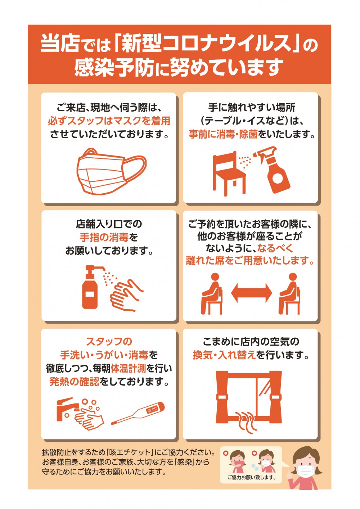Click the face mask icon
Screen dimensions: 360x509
pos(111,172)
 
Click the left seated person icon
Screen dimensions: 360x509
pos(212,294)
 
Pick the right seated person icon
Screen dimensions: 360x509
pos(289,294)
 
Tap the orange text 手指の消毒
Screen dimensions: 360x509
pos(104,238)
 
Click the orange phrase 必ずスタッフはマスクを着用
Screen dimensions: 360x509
pos(109,121)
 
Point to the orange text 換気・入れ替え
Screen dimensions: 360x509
pos(224,355)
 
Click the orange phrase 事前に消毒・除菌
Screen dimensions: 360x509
pos(223,135)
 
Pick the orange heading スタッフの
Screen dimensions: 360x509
pos(109,342)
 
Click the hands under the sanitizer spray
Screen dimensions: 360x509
pos(126,296)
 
